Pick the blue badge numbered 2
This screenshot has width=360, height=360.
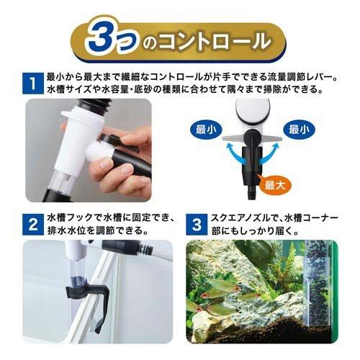pos(31,222)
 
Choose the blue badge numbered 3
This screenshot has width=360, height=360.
pos(196,222)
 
